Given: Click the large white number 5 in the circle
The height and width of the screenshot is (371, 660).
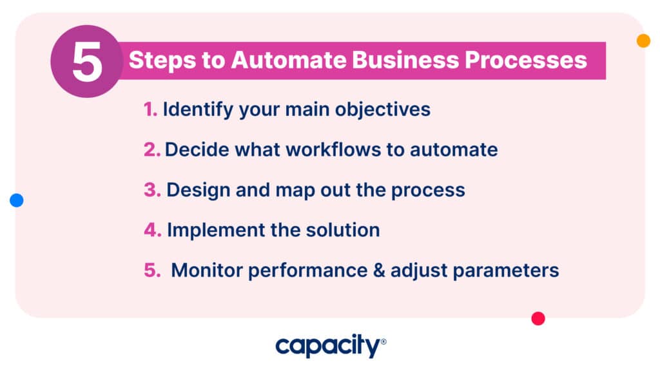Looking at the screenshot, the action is [x=88, y=62].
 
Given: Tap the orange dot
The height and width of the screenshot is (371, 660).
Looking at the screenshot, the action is [x=643, y=41].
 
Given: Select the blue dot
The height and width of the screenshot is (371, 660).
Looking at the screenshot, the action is [x=16, y=200].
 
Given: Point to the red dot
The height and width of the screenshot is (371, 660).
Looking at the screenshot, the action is [x=538, y=318].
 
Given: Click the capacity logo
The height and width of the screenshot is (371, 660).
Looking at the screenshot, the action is [x=331, y=346].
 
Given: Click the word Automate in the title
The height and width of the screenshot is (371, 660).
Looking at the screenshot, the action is [x=288, y=60].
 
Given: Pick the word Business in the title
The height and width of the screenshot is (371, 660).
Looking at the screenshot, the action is [x=405, y=60].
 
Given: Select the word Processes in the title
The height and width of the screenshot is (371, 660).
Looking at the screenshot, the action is [x=526, y=60].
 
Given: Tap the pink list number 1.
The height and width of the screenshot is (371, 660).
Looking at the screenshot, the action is [x=150, y=109].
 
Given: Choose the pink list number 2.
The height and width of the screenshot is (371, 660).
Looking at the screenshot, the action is [x=152, y=149].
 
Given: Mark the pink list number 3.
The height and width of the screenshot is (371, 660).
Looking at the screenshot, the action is [x=152, y=190].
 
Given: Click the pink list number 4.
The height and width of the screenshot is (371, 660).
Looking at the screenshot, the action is [x=152, y=230].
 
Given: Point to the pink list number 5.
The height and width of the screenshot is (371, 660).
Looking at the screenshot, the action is [x=152, y=271].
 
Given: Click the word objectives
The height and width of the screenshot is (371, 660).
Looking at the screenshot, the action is [x=383, y=110].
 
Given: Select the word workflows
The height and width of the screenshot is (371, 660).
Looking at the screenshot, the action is [x=333, y=149].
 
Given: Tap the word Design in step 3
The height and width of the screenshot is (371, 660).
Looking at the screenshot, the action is [x=199, y=191].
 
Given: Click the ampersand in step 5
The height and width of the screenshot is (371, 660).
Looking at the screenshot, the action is [x=379, y=271].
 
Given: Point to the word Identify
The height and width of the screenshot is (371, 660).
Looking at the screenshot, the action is [x=199, y=110].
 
